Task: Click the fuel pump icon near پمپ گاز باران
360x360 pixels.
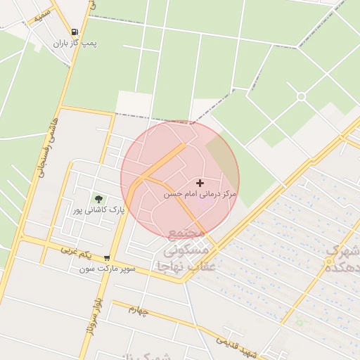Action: point(75,32)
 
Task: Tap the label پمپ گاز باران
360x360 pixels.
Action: point(75,43)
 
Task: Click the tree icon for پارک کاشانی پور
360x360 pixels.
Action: point(98,199)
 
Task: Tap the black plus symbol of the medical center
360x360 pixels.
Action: point(200,182)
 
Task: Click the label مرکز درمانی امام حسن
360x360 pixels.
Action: point(200,193)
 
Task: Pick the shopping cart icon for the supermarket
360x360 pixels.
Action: point(107,259)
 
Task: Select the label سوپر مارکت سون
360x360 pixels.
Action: point(106,269)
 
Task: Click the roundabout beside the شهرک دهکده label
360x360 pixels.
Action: point(328,262)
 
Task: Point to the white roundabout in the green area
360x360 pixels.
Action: point(302,96)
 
